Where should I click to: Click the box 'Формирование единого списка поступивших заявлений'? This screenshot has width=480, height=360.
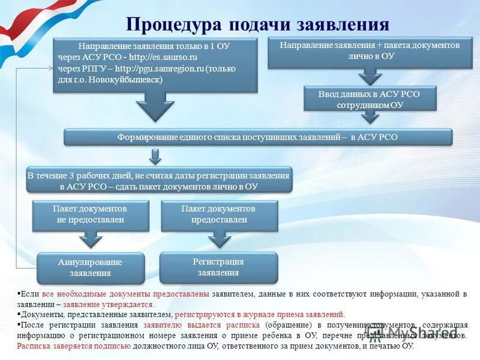(x=257, y=137)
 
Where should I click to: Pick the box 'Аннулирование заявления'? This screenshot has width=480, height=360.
(x=91, y=268)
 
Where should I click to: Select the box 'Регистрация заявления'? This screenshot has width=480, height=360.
(x=218, y=267)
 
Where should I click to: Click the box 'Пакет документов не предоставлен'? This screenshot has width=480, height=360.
(x=91, y=214)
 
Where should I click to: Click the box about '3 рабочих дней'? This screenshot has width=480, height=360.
(x=158, y=181)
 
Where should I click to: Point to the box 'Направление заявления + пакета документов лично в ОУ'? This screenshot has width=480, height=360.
(x=370, y=51)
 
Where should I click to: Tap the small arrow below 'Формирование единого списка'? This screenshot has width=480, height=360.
(x=155, y=157)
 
